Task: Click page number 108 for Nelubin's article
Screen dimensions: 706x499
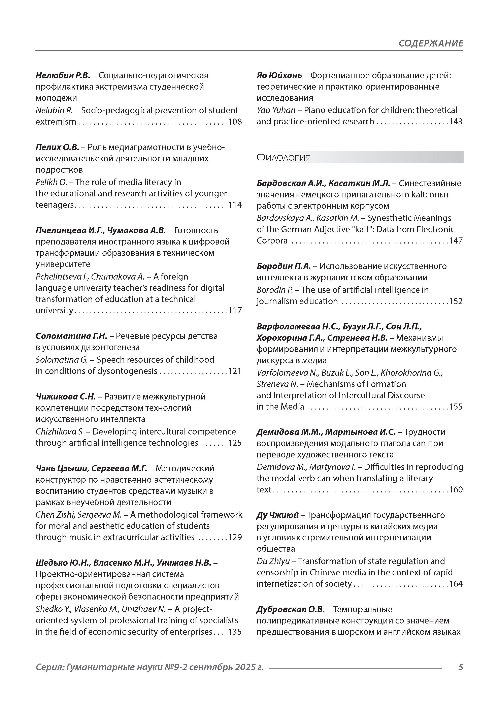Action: tap(235, 122)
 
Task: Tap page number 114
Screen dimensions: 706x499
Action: tap(235, 205)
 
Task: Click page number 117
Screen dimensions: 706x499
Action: tap(235, 311)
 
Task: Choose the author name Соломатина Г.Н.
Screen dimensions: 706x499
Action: tap(71, 336)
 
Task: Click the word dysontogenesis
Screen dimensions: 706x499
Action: tap(127, 371)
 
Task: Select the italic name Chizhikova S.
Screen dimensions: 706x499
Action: tap(60, 432)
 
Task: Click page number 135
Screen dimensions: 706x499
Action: tap(235, 632)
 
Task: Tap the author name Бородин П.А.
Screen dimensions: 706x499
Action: tap(284, 266)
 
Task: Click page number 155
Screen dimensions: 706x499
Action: tap(456, 407)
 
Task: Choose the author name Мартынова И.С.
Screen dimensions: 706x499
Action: tap(360, 432)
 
